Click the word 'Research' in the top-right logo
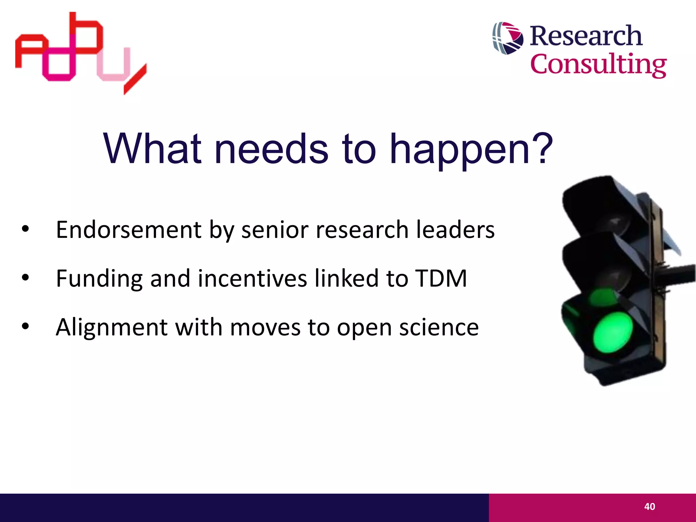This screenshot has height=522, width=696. pyautogui.click(x=586, y=36)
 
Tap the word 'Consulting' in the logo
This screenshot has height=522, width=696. pyautogui.click(x=598, y=65)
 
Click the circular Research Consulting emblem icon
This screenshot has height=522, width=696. pyautogui.click(x=508, y=38)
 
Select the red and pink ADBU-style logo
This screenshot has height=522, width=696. pyautogui.click(x=81, y=53)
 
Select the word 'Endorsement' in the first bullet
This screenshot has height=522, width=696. pyautogui.click(x=129, y=230)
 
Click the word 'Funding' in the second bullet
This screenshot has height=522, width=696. pyautogui.click(x=99, y=279)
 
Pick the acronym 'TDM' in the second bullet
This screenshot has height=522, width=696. pyautogui.click(x=441, y=278)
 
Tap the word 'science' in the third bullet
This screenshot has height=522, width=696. pyautogui.click(x=439, y=327)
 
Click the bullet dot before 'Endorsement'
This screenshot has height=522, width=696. pyautogui.click(x=25, y=229)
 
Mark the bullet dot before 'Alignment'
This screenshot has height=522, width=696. pyautogui.click(x=25, y=327)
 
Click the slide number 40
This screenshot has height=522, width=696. pyautogui.click(x=649, y=507)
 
